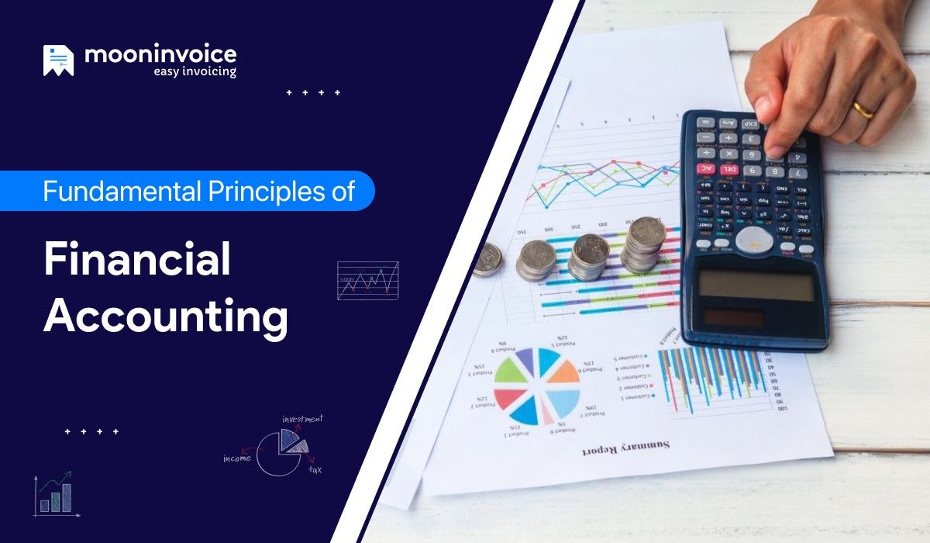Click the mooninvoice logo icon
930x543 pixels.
(x=58, y=61)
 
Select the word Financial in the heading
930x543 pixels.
(x=137, y=259)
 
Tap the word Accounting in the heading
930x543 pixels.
(x=166, y=316)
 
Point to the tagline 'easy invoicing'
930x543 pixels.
(x=195, y=72)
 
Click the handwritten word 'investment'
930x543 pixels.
(x=302, y=420)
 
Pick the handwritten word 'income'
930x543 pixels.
(x=236, y=458)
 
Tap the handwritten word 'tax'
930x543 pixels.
(x=315, y=469)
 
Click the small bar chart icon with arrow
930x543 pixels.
(x=55, y=494)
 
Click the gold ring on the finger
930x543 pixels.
(x=863, y=109)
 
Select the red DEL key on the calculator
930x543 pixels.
(x=728, y=168)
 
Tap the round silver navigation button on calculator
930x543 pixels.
(x=754, y=238)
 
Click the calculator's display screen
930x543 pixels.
(x=756, y=285)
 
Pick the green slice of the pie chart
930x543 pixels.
(x=512, y=372)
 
